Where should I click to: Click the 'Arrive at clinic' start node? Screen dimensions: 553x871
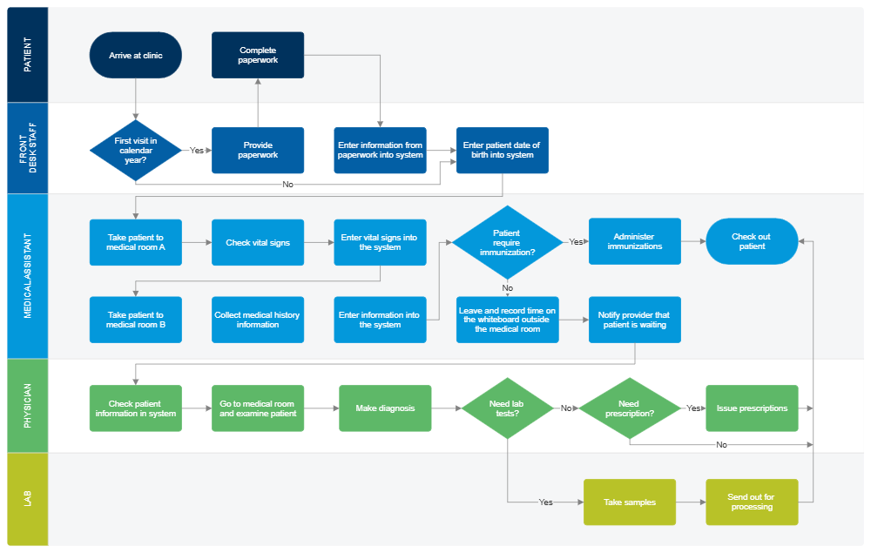point(135,55)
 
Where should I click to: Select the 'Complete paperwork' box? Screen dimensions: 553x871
point(258,55)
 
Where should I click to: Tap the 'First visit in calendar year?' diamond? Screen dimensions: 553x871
point(135,150)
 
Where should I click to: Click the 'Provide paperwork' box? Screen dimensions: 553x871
point(258,150)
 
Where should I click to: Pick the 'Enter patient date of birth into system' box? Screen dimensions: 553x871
point(503,150)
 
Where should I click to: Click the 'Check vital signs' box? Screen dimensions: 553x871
point(258,242)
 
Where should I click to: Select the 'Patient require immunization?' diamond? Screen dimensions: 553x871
point(507,242)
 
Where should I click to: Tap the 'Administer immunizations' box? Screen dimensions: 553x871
point(635,241)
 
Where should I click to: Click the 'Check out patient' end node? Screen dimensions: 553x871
point(752,241)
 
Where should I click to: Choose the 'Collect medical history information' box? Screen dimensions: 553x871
point(258,320)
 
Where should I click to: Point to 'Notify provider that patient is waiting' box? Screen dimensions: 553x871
point(634,320)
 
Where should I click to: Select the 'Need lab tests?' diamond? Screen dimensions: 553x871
point(507,408)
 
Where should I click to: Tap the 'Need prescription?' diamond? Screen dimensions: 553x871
point(629,408)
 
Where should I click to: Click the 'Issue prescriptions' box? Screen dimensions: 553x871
point(752,408)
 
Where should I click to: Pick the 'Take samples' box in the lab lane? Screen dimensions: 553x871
point(629,502)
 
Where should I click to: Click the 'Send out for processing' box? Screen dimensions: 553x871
point(752,502)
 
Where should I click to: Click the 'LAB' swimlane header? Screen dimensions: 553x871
point(27,499)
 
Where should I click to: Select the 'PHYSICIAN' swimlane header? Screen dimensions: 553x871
point(27,406)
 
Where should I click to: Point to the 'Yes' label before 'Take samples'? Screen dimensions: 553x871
point(545,502)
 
